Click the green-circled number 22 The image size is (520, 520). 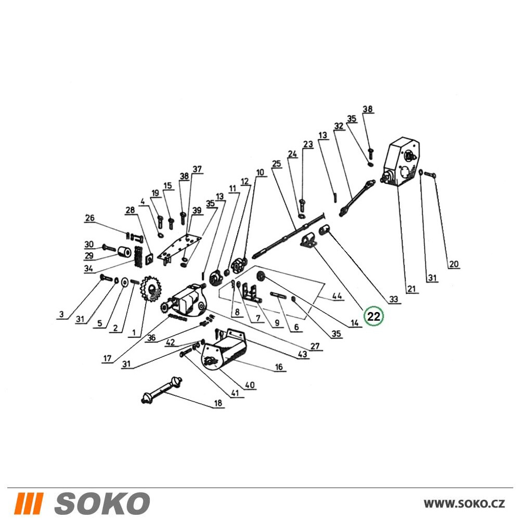373,316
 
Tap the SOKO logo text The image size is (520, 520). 102,503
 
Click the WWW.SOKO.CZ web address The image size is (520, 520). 464,504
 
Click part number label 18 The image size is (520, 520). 218,403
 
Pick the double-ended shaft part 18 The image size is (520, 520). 162,390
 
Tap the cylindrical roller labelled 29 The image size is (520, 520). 124,253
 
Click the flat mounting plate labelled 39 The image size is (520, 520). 179,246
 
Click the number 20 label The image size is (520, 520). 453,264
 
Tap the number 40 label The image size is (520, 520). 250,385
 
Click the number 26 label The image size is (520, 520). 90,218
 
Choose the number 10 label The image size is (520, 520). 261,172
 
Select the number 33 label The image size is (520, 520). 393,300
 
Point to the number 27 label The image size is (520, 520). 315,346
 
